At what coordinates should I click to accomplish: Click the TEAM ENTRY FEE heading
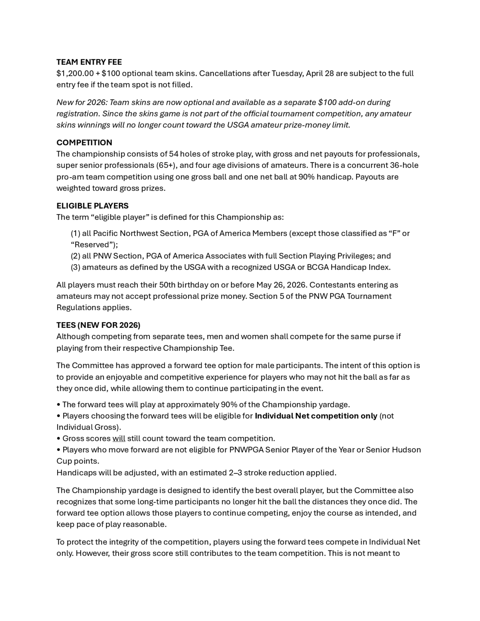(x=89, y=62)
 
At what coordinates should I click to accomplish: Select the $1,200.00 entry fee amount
(x=75, y=73)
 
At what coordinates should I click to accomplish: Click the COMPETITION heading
(x=84, y=143)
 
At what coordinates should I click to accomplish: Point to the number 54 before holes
(x=173, y=154)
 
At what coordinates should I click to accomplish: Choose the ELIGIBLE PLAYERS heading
(x=92, y=206)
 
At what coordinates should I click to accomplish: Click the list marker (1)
(x=75, y=233)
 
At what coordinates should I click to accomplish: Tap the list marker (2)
(x=75, y=256)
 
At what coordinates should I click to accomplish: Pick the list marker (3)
(x=75, y=267)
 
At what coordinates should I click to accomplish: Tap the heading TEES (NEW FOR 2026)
(x=98, y=325)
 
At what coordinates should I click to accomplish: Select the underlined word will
(x=119, y=438)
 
